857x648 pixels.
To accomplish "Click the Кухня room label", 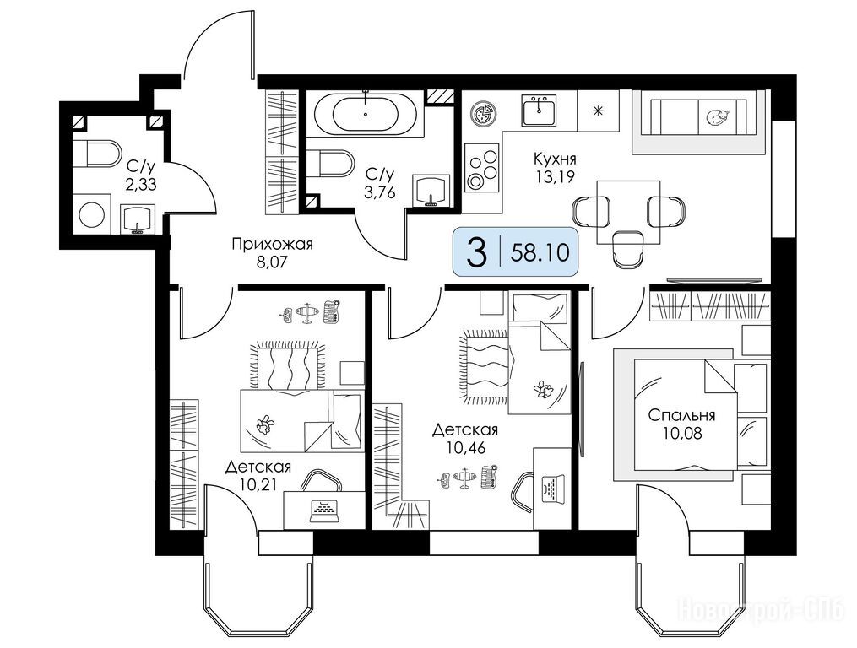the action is click(x=555, y=159).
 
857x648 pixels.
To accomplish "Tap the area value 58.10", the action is click(x=540, y=252).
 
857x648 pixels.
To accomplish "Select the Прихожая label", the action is click(x=272, y=244).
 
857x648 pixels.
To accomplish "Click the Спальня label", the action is click(x=681, y=415).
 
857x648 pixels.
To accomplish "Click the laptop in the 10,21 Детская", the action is click(x=324, y=510).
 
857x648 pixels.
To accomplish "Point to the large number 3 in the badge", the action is click(x=476, y=253).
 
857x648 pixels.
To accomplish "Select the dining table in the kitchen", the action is click(x=627, y=212).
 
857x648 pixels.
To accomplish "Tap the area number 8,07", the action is click(x=272, y=262).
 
